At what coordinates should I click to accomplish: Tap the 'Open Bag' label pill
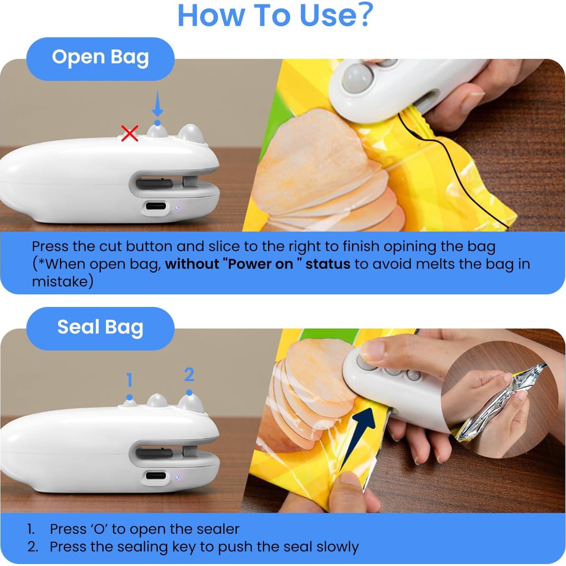[100, 58]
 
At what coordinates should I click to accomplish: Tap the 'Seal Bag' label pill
[100, 327]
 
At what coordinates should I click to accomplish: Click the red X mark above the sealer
[130, 133]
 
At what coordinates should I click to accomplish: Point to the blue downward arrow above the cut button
[157, 103]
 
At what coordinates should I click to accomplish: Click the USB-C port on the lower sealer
[156, 476]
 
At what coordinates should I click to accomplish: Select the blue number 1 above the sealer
[130, 380]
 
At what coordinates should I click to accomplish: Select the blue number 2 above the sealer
[189, 375]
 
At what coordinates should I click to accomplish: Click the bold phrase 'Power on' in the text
[260, 264]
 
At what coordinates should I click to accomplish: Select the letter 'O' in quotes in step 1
[99, 529]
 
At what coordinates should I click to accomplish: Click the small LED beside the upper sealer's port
[177, 208]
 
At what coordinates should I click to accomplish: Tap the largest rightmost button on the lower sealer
[191, 404]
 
